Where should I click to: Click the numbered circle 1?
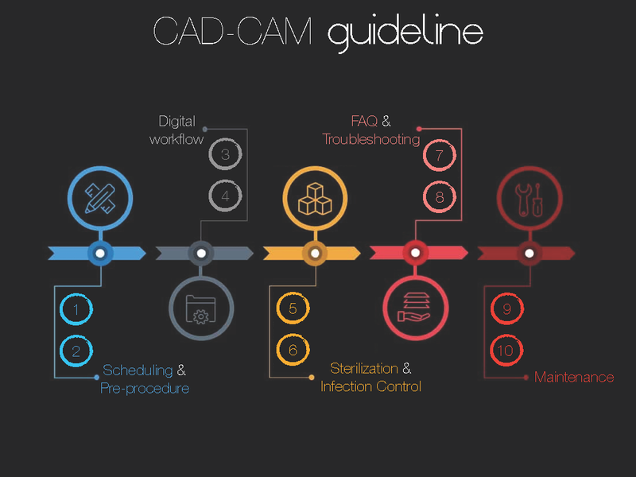[76, 309]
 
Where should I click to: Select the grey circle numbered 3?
[225, 154]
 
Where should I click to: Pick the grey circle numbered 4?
[225, 196]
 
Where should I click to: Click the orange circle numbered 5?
[293, 309]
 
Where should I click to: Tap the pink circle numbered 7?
[440, 154]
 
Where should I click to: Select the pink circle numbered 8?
[440, 196]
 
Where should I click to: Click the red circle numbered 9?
[507, 309]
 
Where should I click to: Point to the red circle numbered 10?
[507, 351]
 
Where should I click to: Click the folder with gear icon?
[201, 308]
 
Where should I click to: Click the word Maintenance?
[574, 378]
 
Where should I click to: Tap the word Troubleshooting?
[370, 140]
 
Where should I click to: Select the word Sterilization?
[364, 369]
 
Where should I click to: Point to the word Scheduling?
[138, 370]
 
